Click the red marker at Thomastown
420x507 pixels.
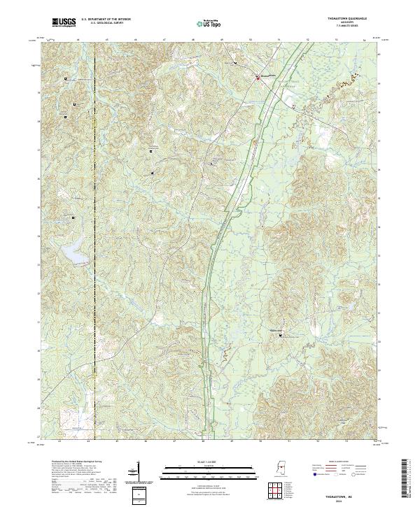pyautogui.click(x=257, y=78)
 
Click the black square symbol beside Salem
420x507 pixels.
pyautogui.click(x=282, y=336)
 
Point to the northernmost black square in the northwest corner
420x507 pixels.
pyautogui.click(x=66, y=79)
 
